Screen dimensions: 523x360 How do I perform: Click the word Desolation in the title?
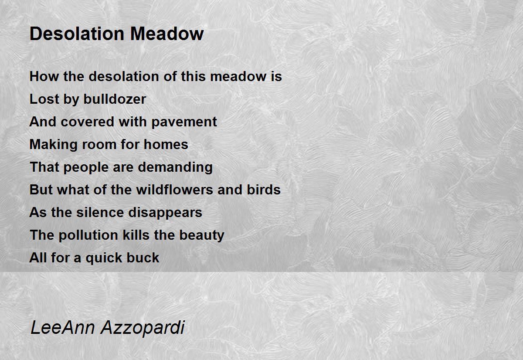point(77,34)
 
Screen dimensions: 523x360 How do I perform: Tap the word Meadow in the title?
point(167,34)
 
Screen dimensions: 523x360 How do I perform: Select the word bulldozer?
point(115,99)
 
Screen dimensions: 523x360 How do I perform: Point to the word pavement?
point(184,122)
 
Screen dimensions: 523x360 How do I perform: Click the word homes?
point(166,144)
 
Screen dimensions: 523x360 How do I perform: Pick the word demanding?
point(175,167)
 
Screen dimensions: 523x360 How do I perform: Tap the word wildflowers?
point(175,189)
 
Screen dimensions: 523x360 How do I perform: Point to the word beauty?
point(202,235)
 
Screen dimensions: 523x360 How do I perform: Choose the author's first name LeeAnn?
point(63,327)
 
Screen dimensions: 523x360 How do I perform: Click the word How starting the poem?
point(44,76)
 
